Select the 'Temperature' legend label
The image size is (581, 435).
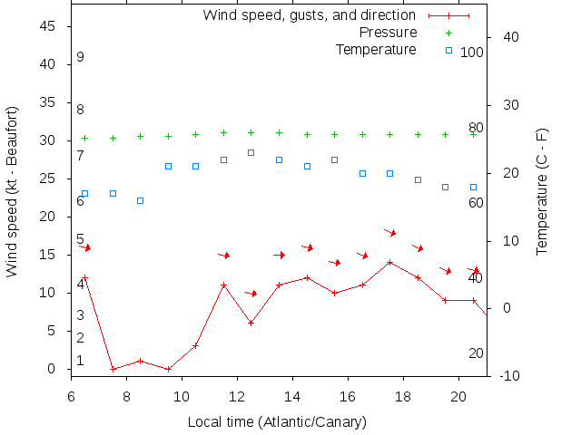pos(376,49)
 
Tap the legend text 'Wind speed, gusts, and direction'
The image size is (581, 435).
pos(310,14)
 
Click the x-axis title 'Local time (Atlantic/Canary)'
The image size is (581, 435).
pos(277,422)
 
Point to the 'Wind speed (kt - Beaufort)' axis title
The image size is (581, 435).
pos(13,190)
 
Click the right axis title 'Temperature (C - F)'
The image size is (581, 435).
pos(542,190)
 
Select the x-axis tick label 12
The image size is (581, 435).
pos(237,395)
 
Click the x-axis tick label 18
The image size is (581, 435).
pos(403,395)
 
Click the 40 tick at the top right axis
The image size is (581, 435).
pos(510,37)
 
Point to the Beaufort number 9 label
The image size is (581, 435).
pos(80,57)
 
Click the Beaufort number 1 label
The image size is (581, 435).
pos(80,361)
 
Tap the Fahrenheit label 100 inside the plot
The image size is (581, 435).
pos(472,53)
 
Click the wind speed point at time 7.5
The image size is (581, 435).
pos(113,369)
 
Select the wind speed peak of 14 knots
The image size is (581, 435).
pos(389,263)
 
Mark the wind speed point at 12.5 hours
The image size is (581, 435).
pos(251,324)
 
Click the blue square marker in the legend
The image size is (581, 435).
pos(448,50)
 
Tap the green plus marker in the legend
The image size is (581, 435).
pos(448,33)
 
